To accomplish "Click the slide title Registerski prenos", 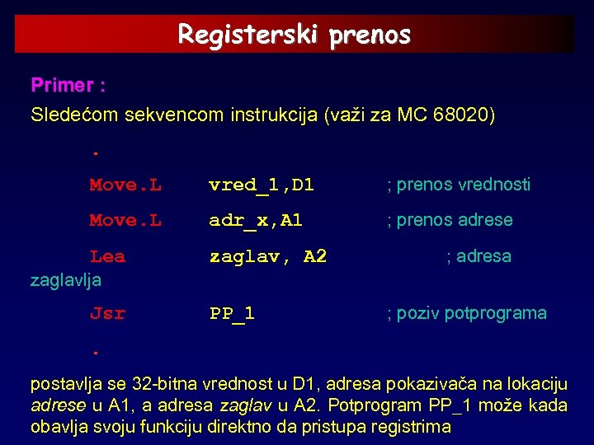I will (295, 35).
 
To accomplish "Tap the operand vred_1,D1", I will (262, 185).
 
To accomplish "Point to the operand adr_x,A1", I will (256, 220).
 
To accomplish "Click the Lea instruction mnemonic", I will (107, 256).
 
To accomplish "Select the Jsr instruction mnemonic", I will (107, 313).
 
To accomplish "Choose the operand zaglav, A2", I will (267, 256).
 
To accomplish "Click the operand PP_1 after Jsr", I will (232, 313).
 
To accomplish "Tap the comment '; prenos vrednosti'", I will (459, 185).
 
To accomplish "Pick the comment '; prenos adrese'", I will (450, 220).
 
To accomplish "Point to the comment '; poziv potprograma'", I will (467, 313).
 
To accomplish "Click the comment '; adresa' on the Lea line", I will (478, 256).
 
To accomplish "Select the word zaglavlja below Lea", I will (66, 280).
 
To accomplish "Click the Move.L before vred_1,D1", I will (125, 185).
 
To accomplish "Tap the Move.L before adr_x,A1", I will (125, 220).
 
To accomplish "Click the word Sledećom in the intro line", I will (74, 115).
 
